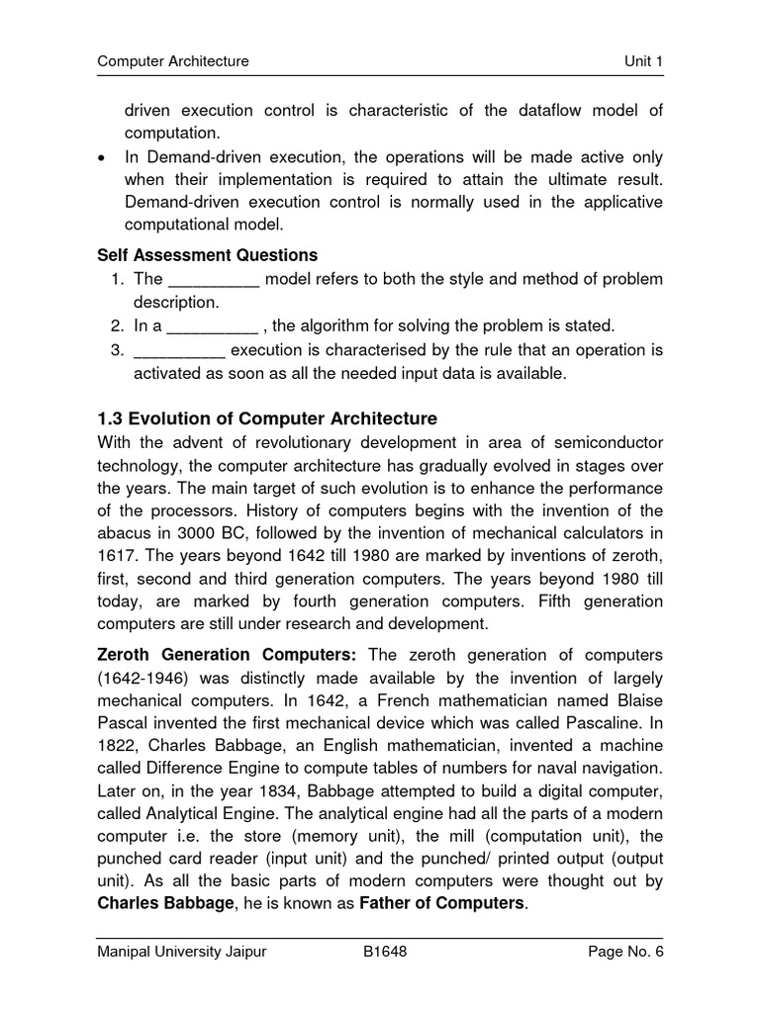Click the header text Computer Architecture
[173, 61]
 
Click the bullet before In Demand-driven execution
[104, 158]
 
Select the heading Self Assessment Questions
[207, 255]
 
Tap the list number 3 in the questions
[116, 349]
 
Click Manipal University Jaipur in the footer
[181, 952]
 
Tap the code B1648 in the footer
[385, 952]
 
